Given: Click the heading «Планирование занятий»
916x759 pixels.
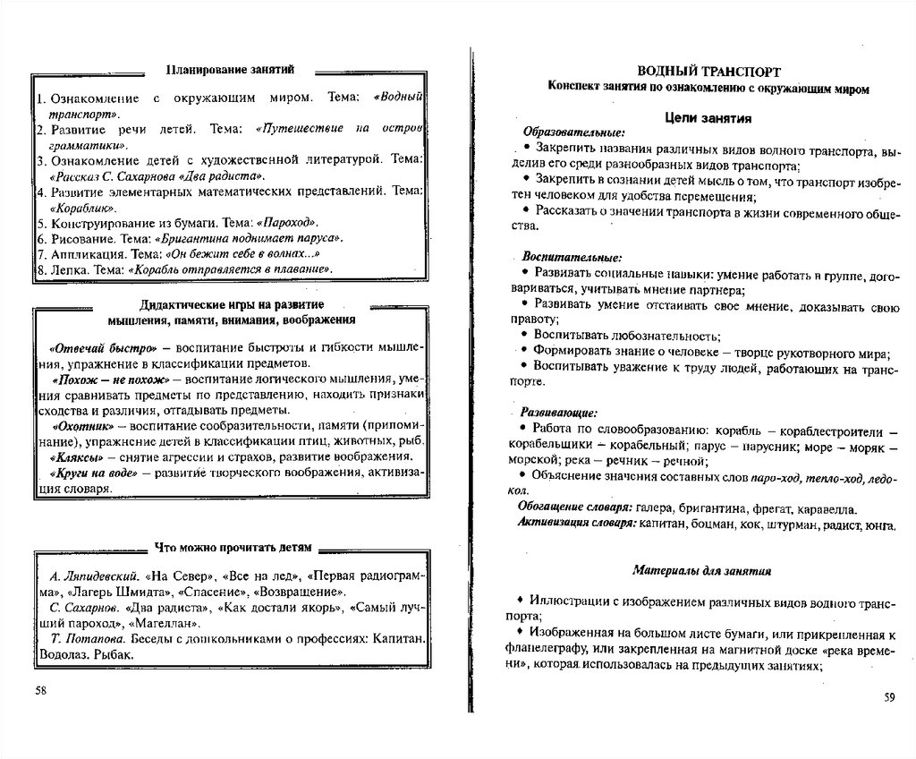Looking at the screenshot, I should (x=230, y=69).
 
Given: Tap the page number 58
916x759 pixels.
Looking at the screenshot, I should (x=40, y=690).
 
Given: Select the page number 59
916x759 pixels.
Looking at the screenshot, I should (x=888, y=697).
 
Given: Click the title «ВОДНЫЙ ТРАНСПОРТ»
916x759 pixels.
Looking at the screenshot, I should (x=708, y=72).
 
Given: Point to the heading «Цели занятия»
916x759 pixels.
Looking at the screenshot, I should (x=708, y=117).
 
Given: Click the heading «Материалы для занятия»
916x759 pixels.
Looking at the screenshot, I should (x=698, y=569).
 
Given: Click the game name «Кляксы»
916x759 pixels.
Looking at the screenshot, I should (x=79, y=457).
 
